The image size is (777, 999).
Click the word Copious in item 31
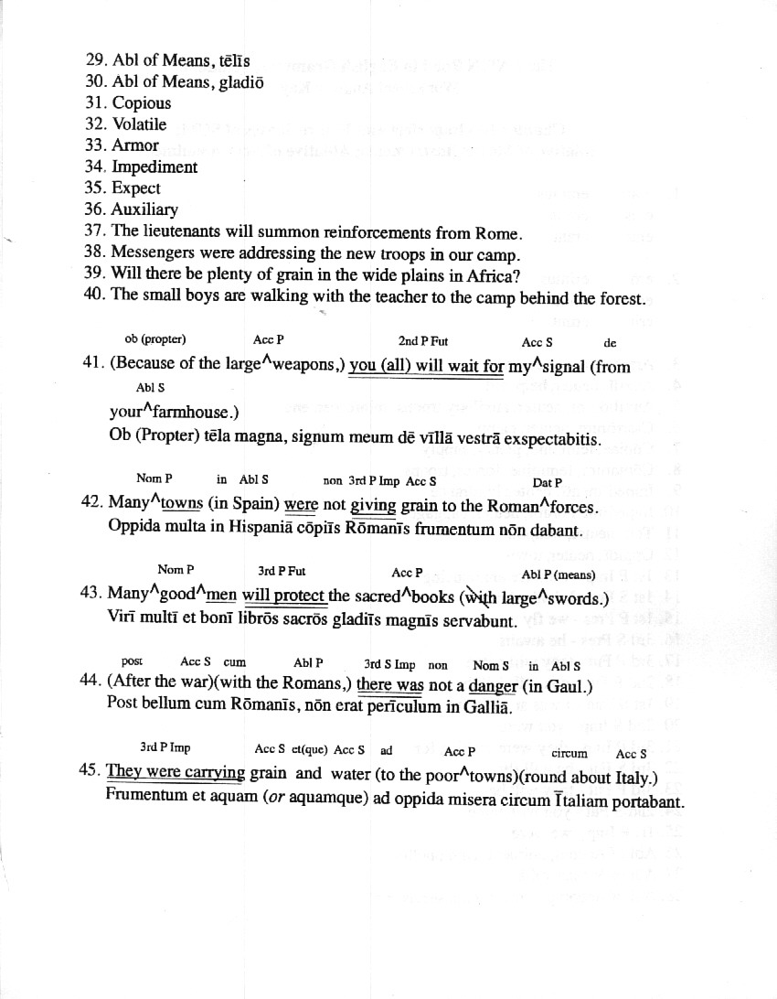point(142,103)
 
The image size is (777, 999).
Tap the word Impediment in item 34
point(154,166)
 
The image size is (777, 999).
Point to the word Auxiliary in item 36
point(144,209)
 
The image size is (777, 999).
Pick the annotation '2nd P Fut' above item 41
point(422,341)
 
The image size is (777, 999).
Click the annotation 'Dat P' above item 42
point(547,482)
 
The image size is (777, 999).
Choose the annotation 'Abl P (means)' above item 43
point(559,575)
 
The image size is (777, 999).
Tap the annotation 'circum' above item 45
point(569,754)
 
